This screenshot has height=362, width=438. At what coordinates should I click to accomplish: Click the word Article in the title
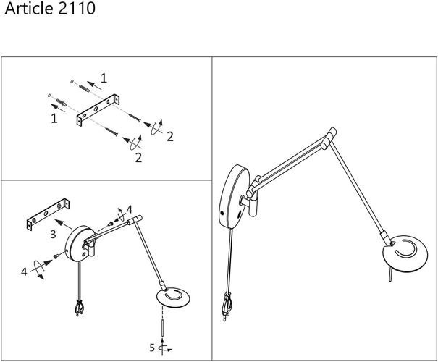29,8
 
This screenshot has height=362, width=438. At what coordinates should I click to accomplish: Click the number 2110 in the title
77,8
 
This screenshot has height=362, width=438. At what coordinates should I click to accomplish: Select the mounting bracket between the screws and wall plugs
98,110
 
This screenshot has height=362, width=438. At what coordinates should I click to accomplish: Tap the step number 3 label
53,234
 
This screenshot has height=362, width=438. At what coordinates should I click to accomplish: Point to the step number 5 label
152,348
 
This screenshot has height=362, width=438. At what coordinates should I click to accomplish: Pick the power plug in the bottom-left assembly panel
80,307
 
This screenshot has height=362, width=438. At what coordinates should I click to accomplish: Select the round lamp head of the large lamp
405,253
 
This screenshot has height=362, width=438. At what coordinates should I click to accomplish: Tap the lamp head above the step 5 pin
173,297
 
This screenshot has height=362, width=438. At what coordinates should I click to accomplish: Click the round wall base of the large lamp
234,196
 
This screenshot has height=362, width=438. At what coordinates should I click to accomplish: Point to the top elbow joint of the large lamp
329,138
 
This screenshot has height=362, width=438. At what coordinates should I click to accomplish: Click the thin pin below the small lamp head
162,328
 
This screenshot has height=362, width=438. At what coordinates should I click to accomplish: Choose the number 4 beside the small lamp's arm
129,209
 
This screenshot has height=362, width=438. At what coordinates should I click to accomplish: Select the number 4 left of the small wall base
24,271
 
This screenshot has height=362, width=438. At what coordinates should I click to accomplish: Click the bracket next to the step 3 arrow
48,214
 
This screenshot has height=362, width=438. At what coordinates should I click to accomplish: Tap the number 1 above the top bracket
104,78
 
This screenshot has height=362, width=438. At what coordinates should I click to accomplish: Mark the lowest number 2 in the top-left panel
138,158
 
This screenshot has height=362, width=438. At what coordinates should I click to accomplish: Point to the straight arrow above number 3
63,224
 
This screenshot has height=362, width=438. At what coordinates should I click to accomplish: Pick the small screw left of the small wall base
56,256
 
